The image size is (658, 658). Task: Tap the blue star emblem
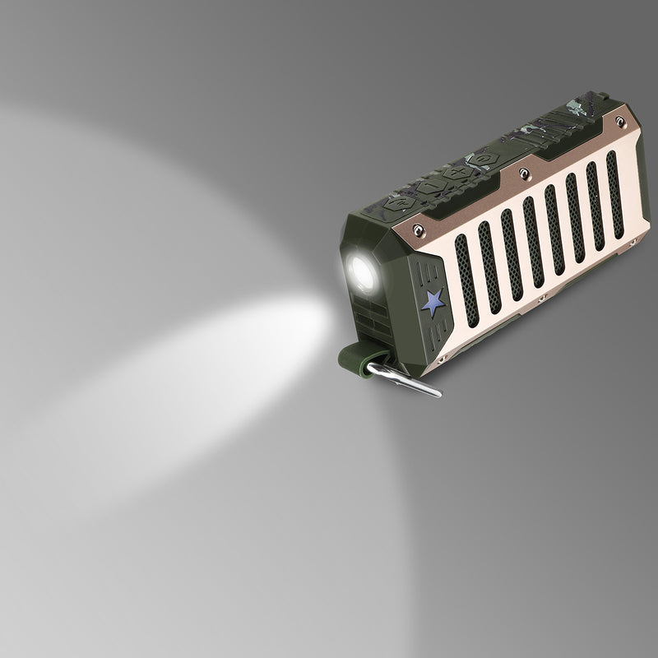click(x=433, y=301)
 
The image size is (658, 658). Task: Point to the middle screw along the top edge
click(x=523, y=173)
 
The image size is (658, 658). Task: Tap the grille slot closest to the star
click(x=466, y=280)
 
